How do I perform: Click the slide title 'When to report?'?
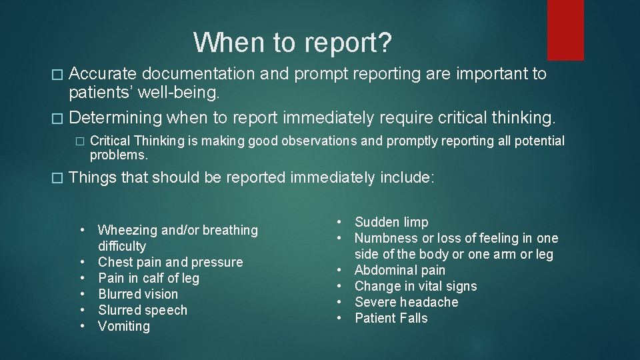[x=293, y=43]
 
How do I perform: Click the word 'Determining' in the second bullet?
[x=115, y=118]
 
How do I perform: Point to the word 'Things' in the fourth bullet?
[x=91, y=178]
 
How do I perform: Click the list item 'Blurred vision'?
[x=138, y=294]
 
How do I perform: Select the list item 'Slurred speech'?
[x=143, y=310]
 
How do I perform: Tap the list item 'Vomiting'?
[x=124, y=326]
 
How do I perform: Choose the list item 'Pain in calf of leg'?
[x=149, y=278]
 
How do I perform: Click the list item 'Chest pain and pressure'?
[x=170, y=262]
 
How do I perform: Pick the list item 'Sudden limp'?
[x=391, y=222]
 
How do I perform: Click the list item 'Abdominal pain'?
[x=400, y=270]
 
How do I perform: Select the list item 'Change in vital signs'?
[x=416, y=286]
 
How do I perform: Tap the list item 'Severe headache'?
[x=407, y=302]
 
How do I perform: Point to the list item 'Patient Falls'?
[x=391, y=318]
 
